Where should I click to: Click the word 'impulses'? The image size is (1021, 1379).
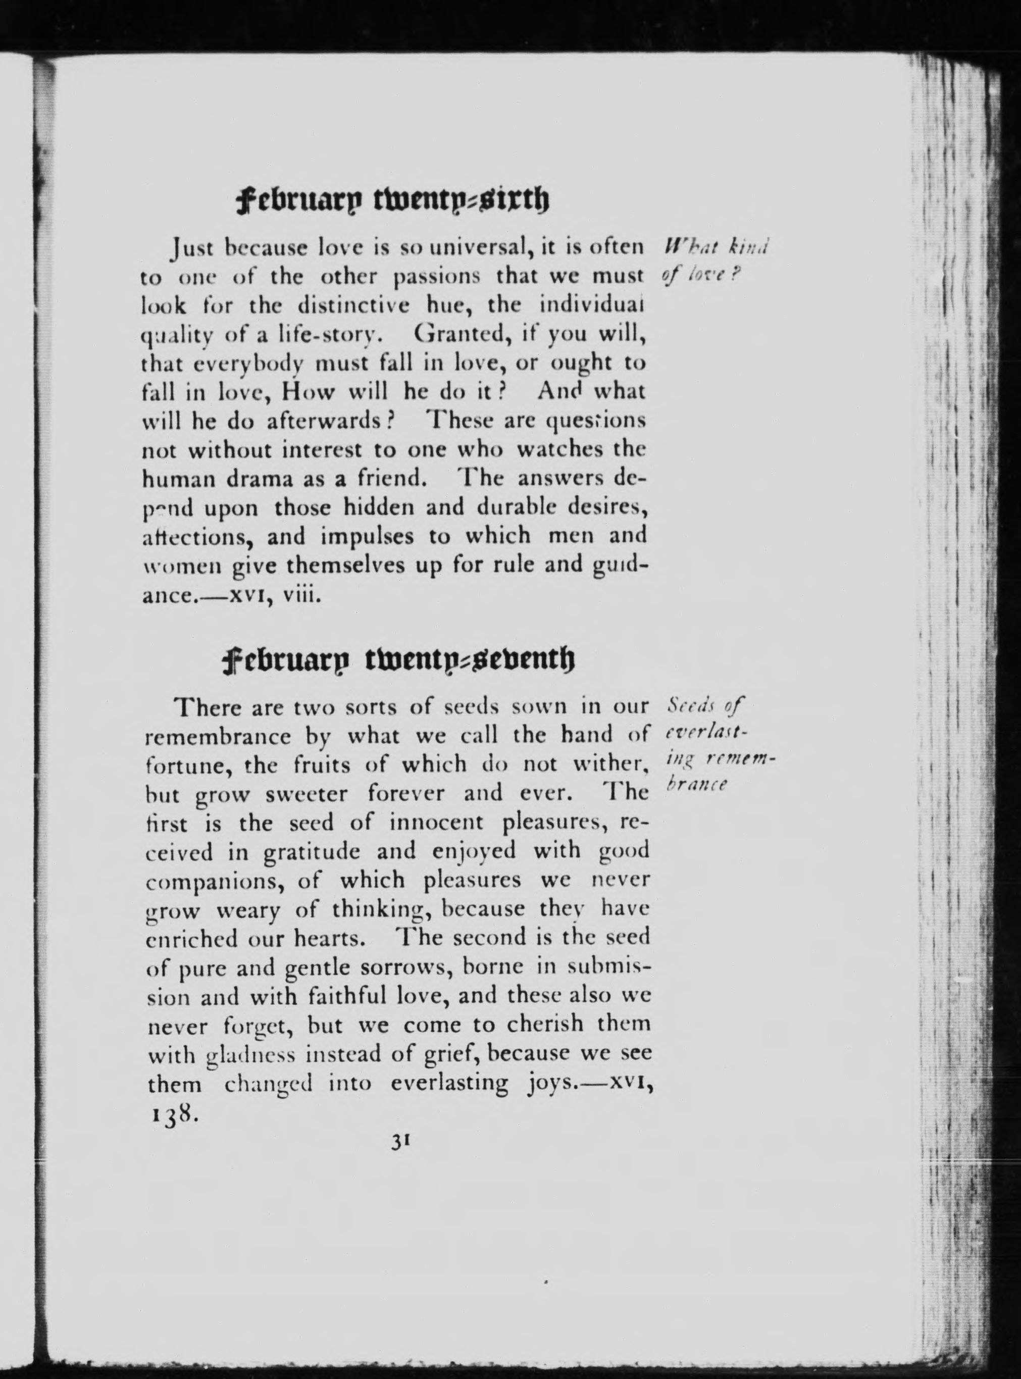(367, 536)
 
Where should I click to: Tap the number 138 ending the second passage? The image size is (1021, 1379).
(173, 1114)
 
